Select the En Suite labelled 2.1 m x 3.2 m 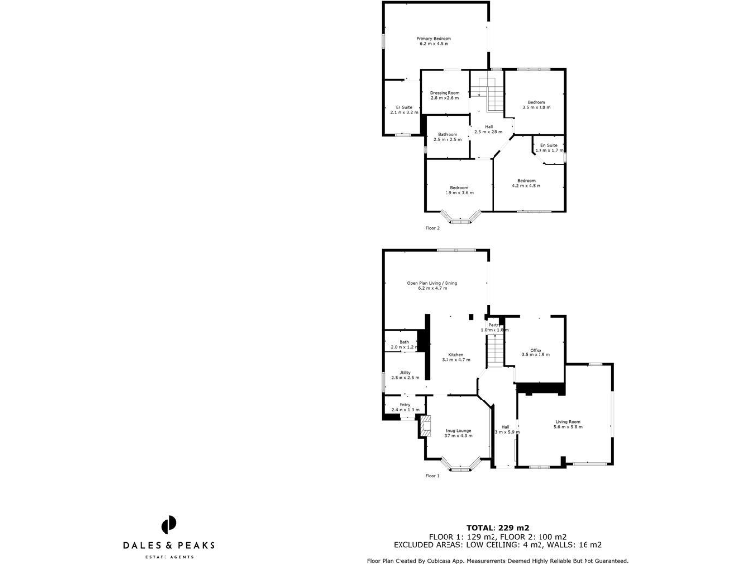(x=403, y=109)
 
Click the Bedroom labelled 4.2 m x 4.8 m (x=527, y=183)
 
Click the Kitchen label (x=455, y=356)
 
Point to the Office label (x=537, y=351)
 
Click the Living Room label (x=568, y=423)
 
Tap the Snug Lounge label (x=458, y=432)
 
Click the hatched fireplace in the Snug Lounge (x=425, y=425)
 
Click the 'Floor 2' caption (x=432, y=227)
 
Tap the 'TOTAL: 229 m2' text (x=496, y=528)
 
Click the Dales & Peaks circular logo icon (x=168, y=526)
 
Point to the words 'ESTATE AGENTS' (x=168, y=557)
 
